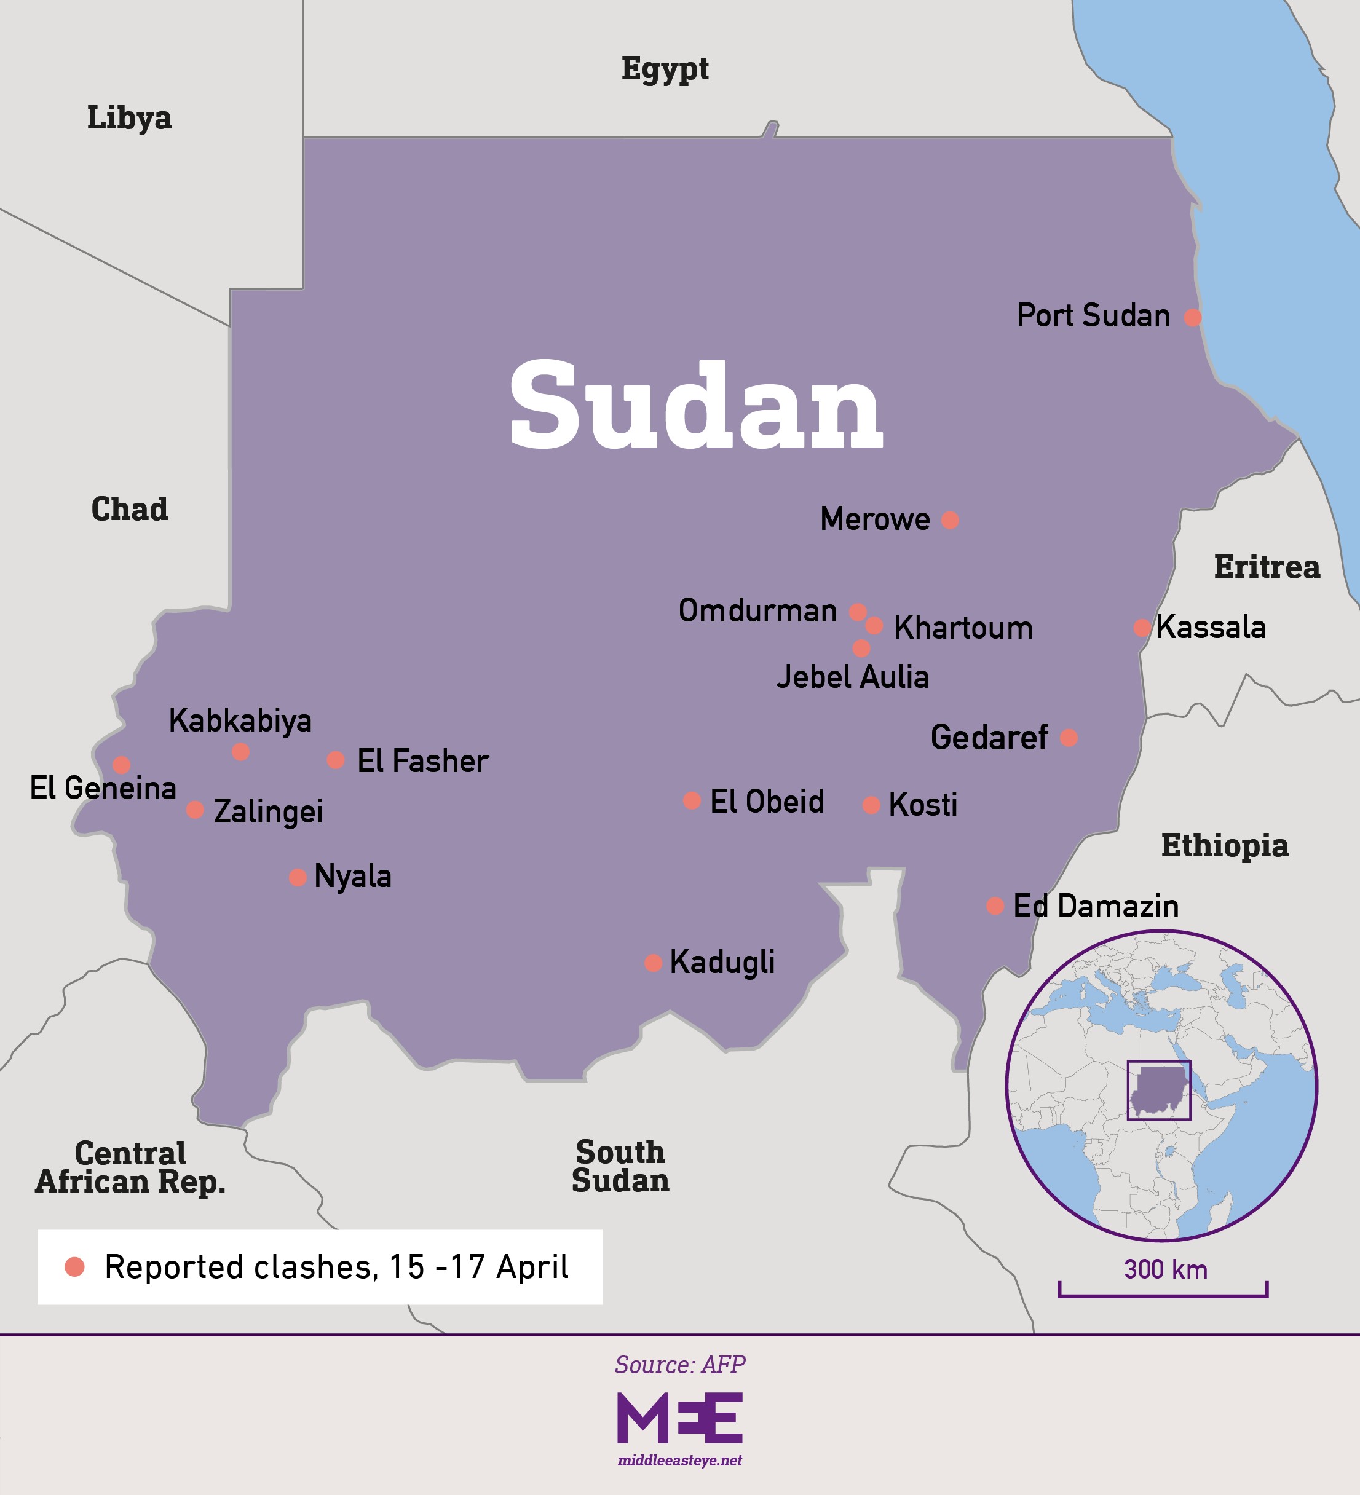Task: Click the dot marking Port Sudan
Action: (1192, 317)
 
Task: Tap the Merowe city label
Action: (874, 519)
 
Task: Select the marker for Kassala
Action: (1142, 628)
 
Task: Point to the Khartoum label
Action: (963, 628)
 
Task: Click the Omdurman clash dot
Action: (857, 612)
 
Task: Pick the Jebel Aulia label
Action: (852, 677)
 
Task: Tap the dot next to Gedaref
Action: (1069, 738)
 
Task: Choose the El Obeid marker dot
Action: (691, 801)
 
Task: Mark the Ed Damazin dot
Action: (995, 905)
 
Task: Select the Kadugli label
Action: (722, 963)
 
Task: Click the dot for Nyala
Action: (298, 878)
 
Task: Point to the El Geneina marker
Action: (122, 765)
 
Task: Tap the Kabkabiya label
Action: (240, 721)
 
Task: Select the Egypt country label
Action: (665, 69)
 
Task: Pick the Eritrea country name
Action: (1267, 567)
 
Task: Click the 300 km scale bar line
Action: (1162, 1295)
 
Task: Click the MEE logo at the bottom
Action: (679, 1418)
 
